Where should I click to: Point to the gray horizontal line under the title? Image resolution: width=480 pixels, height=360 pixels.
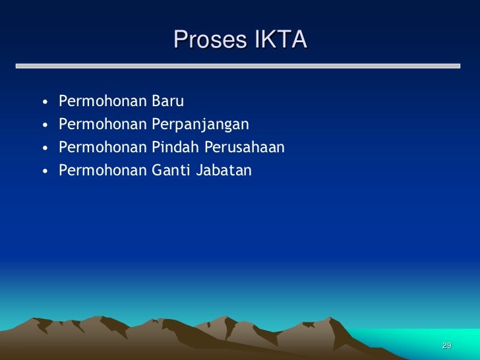237,66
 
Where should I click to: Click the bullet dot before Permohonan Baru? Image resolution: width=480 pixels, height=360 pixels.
44,102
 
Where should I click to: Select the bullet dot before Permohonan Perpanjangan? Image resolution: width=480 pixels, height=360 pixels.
44,125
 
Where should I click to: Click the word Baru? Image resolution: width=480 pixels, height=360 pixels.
167,102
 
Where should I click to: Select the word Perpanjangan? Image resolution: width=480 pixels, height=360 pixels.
200,125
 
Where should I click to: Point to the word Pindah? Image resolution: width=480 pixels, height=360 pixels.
173,147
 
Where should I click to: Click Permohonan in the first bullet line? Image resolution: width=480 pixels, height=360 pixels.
103,102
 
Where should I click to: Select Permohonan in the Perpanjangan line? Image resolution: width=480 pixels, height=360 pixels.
103,125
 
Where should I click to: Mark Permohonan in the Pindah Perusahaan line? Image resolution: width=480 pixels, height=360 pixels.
103,147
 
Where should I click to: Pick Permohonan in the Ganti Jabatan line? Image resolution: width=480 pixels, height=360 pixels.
103,170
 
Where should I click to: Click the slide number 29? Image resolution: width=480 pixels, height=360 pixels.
446,346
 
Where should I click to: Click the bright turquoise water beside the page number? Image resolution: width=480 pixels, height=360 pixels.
409,343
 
